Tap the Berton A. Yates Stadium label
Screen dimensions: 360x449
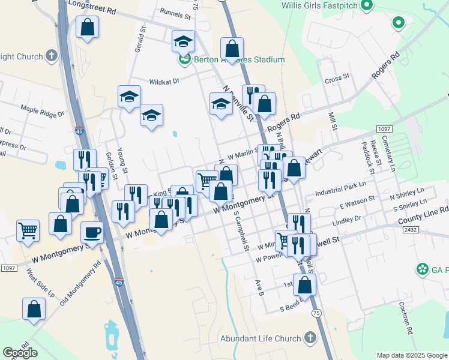pos(238,60)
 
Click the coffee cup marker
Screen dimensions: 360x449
pos(92,232)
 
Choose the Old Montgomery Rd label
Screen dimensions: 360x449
pos(80,284)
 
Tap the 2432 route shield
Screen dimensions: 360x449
pos(411,230)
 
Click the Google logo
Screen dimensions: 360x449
pos(20,353)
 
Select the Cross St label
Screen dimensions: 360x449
pos(337,78)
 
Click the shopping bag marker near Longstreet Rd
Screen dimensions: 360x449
pos(88,27)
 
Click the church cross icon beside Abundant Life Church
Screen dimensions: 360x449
pos(310,338)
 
